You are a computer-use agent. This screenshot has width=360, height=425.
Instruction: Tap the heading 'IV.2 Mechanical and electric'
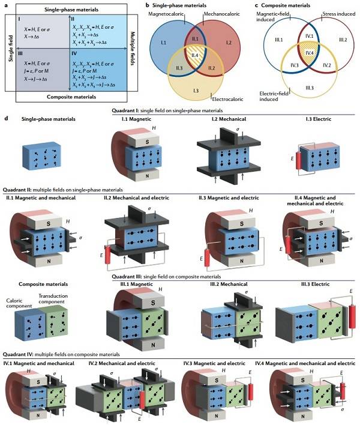click(x=128, y=363)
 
